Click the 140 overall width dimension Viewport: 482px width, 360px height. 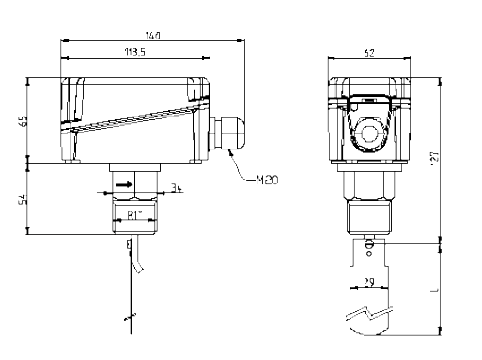(x=153, y=36)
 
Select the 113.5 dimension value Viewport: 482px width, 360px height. (x=135, y=52)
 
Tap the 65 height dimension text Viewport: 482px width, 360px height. (x=23, y=121)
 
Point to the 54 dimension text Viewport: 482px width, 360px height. (x=23, y=199)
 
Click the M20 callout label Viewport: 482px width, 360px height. (x=267, y=180)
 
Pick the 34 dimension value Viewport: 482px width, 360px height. (x=177, y=188)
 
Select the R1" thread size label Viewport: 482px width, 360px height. (x=135, y=215)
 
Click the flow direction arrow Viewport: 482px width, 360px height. (x=124, y=185)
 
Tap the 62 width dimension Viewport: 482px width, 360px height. (x=369, y=53)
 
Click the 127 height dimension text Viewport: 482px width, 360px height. (x=435, y=159)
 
